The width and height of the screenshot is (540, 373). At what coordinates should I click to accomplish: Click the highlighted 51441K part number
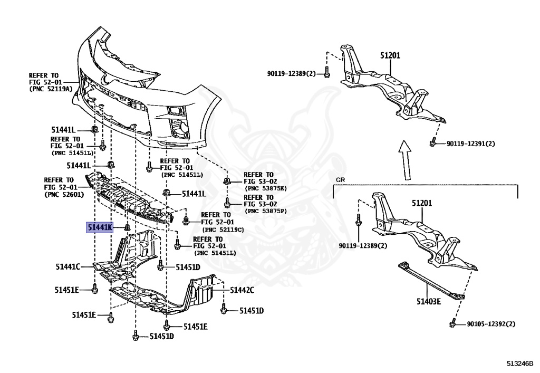100,227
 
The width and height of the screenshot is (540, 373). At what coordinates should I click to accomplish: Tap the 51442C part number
242,290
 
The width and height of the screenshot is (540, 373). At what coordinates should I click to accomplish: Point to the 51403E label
427,302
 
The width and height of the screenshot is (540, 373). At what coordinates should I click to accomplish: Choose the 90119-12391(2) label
471,144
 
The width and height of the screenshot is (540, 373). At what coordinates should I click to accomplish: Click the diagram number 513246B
520,364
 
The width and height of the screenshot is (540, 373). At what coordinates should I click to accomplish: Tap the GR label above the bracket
340,180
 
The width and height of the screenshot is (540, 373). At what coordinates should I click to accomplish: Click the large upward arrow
404,159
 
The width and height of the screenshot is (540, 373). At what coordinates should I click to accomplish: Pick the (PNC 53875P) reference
266,211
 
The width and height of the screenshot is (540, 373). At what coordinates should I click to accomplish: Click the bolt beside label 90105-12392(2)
452,323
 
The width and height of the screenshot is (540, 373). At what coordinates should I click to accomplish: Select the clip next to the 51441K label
127,227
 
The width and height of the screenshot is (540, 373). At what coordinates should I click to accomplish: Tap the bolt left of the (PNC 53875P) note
227,203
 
